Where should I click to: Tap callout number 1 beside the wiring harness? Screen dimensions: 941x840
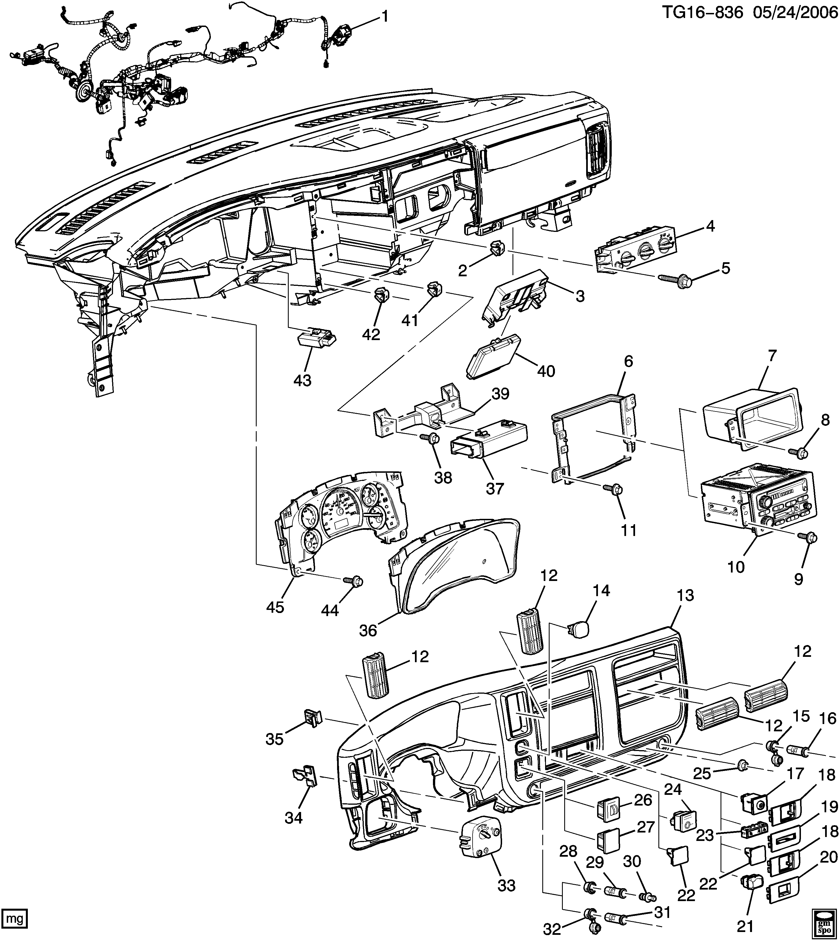tap(384, 17)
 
